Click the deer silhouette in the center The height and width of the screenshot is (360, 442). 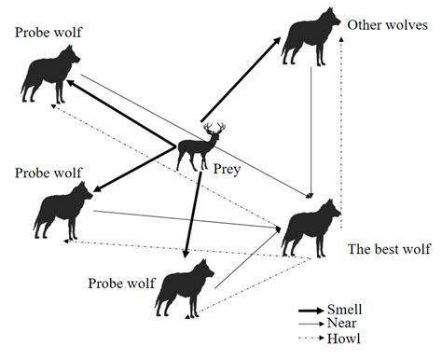point(199,146)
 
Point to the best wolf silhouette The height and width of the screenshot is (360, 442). point(311,227)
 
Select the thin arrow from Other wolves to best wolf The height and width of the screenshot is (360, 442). point(311,131)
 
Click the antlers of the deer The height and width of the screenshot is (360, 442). point(214,129)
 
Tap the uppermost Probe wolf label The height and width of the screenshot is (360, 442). point(48,33)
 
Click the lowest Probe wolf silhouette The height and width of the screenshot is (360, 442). point(182,286)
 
